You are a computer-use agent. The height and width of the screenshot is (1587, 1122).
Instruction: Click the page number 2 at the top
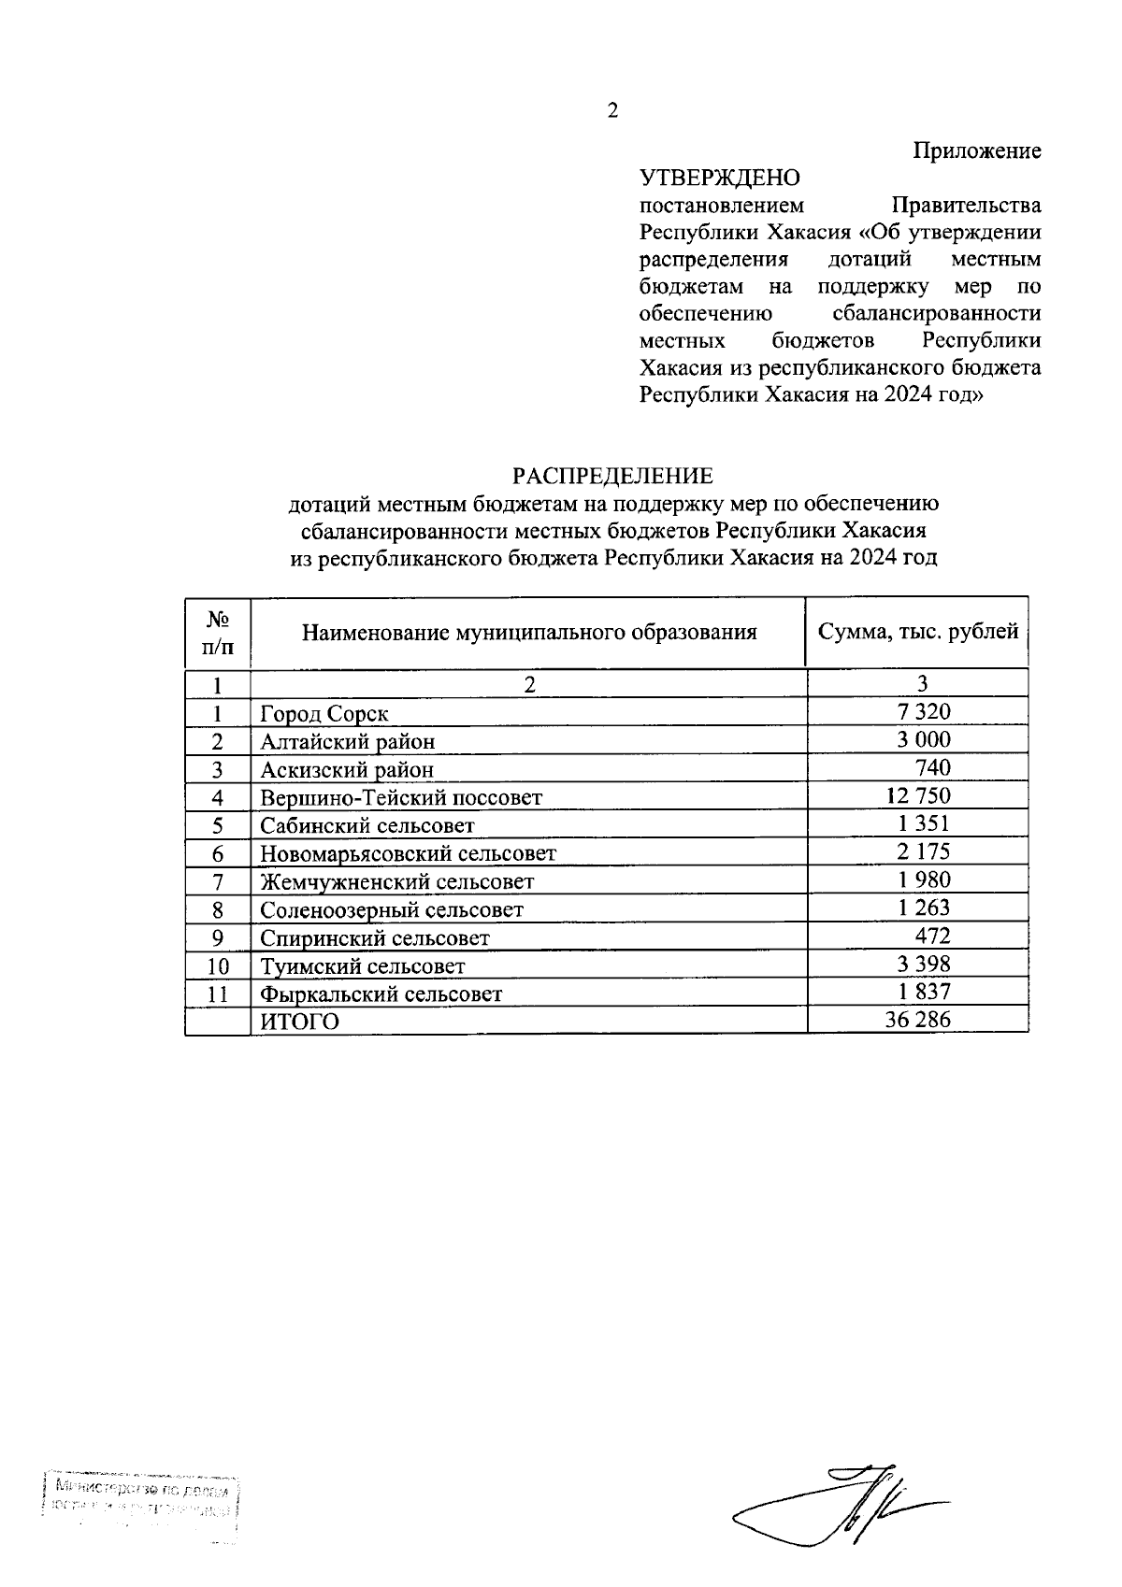(612, 111)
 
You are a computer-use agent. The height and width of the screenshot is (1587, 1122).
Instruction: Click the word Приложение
(977, 151)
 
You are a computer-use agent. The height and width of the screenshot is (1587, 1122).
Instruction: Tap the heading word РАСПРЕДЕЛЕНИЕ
(612, 477)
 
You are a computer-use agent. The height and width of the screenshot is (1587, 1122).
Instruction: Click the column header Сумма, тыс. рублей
(917, 632)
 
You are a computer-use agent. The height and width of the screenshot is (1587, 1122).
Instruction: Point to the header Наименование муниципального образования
(528, 633)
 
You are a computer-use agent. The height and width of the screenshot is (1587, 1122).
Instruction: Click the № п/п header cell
(218, 632)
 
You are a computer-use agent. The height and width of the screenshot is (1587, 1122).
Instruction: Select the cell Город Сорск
(324, 714)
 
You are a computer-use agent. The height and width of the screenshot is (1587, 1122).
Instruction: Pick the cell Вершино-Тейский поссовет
(401, 798)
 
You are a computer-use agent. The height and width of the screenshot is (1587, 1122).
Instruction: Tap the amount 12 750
(916, 796)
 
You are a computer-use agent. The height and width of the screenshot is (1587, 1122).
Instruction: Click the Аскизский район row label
(347, 770)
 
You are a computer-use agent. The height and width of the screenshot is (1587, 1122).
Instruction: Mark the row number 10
(218, 966)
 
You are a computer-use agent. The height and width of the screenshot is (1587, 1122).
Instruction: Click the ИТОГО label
(299, 1022)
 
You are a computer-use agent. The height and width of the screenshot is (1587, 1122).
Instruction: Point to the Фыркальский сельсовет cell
(381, 994)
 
